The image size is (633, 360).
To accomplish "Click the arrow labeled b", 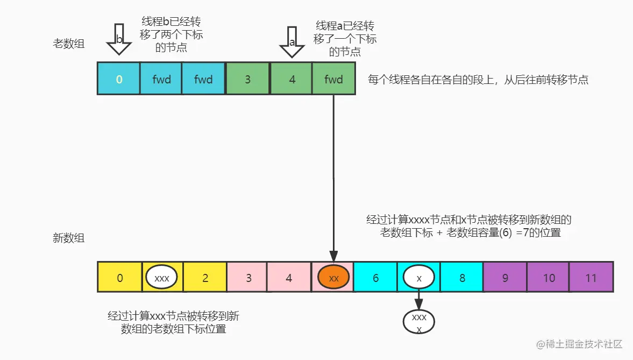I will coord(119,41).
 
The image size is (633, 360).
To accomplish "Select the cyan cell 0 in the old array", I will coord(119,79).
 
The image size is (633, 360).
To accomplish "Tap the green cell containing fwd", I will coord(333,79).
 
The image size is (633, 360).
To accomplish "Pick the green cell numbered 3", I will coord(247,79).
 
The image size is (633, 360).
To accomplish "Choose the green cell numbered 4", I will coord(291,79).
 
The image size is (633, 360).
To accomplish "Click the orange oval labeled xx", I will coord(333,278).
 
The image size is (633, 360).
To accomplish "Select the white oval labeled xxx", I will coord(162,278).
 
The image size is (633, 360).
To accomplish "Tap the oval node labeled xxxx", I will coord(419,321).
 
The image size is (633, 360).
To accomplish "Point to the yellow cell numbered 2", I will coord(205,278).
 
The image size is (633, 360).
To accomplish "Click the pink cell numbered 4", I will coord(289,278).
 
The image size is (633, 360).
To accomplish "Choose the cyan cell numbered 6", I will coord(375,278).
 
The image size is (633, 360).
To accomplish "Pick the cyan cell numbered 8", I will coord(462,278).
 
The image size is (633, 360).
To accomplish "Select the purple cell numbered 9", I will coord(504,278).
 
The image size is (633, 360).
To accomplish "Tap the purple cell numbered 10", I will coord(548,278).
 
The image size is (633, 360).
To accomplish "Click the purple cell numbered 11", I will coord(591,278).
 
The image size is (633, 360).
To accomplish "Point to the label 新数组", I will coord(68,238).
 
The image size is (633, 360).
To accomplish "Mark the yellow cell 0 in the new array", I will coord(119,278).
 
